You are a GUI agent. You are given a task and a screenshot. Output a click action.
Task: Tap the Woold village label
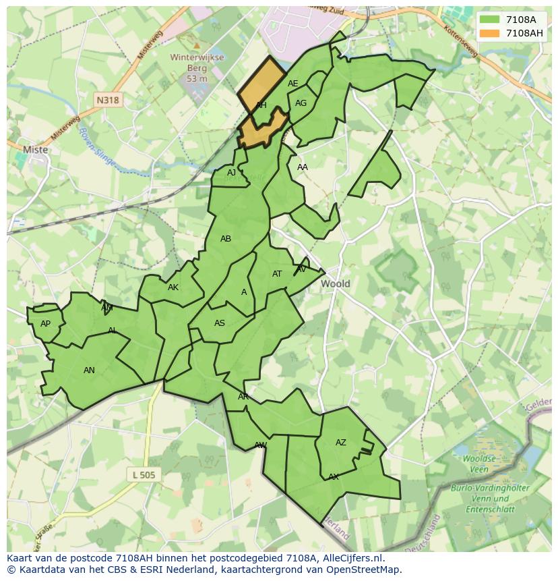[335, 283]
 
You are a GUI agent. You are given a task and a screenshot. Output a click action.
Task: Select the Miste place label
[36, 150]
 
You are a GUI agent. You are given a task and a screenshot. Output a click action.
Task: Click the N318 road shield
[107, 100]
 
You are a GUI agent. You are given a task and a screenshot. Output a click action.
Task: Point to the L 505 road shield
[144, 475]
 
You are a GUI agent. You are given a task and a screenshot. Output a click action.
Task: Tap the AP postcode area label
[45, 324]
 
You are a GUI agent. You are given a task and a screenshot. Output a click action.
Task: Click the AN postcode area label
[89, 370]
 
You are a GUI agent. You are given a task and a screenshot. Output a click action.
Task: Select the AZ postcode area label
[341, 443]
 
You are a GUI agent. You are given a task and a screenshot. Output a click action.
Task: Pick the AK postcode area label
[173, 287]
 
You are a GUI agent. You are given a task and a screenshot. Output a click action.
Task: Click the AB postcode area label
[226, 239]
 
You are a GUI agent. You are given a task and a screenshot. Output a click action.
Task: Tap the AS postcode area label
[220, 323]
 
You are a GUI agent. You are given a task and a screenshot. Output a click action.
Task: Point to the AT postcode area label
[277, 274]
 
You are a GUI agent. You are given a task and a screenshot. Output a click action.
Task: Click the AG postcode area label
[301, 103]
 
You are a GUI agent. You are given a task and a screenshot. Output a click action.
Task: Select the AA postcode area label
[303, 167]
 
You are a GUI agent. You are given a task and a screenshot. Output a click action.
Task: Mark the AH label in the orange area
[261, 105]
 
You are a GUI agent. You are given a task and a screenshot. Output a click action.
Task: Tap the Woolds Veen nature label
[479, 464]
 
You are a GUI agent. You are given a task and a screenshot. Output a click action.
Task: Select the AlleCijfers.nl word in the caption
[351, 558]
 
